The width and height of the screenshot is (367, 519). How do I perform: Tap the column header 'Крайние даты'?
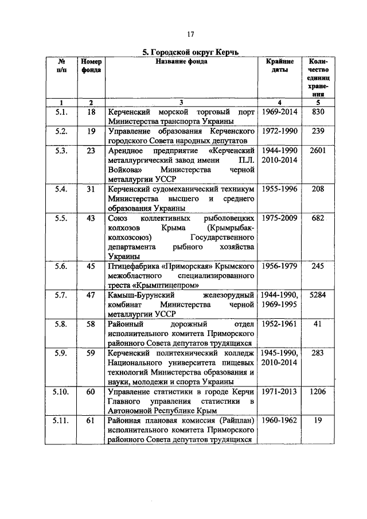[279, 65]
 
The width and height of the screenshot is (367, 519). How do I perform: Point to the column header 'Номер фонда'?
[91, 65]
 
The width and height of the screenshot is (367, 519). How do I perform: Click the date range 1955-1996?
[279, 189]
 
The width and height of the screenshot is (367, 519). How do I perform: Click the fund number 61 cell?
[91, 420]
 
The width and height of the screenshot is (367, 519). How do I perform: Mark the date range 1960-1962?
[279, 420]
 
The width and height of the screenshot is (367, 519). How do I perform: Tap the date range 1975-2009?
[279, 218]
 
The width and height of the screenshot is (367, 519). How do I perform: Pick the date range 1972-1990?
[279, 131]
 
